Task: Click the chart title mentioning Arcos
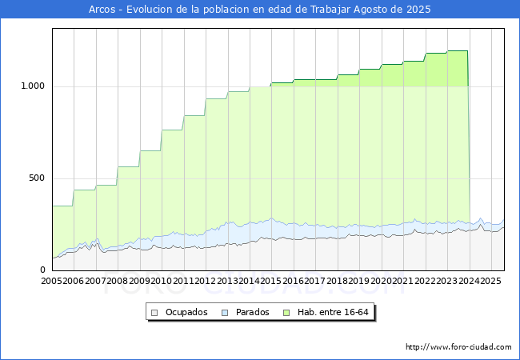(x=260, y=10)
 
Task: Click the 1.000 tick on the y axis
(x=31, y=86)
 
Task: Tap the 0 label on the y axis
(x=44, y=270)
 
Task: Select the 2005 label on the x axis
(x=52, y=281)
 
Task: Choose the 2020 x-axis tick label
(x=381, y=281)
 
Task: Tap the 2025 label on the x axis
(x=490, y=281)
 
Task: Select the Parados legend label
(x=252, y=312)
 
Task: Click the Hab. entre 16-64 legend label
(x=341, y=312)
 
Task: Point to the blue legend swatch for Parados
(x=225, y=312)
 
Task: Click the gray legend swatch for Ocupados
(x=155, y=312)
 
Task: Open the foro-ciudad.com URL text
(x=458, y=347)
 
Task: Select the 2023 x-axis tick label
(x=446, y=281)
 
